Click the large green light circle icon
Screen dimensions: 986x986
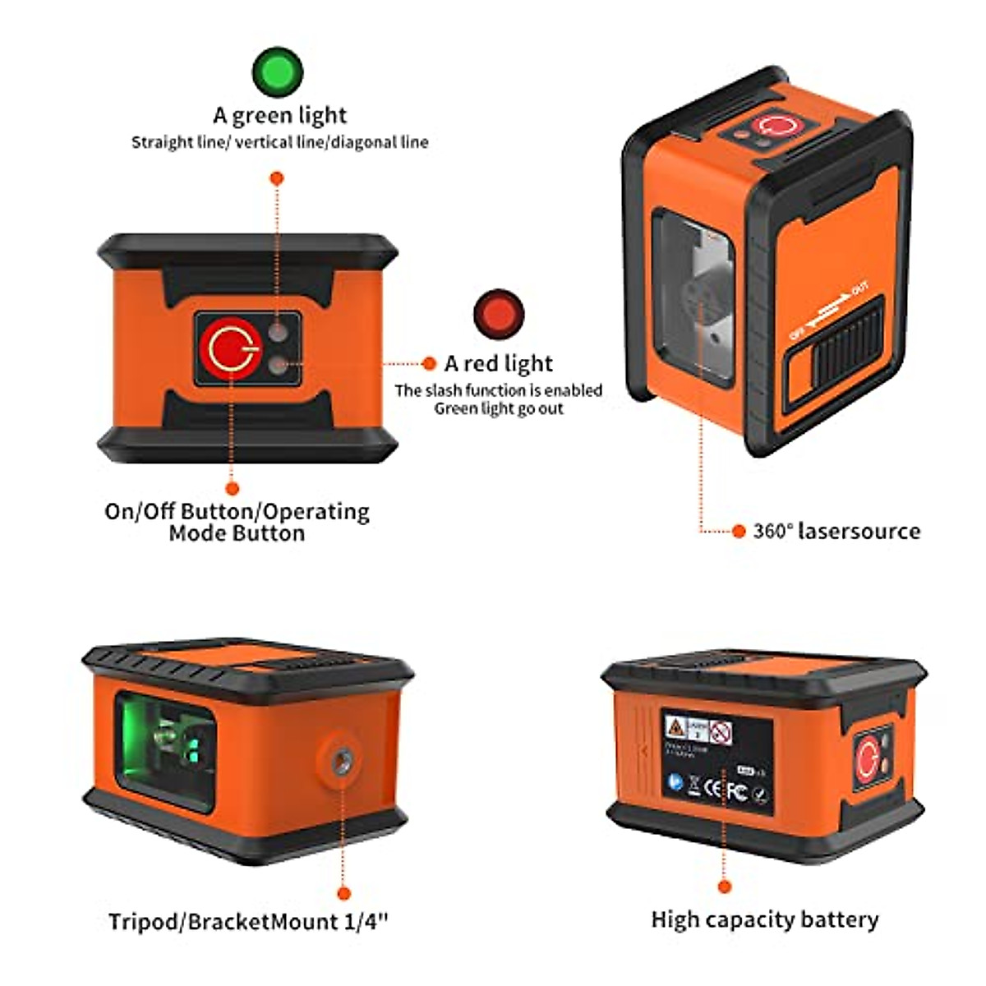tap(278, 71)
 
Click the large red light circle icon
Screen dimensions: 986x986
tap(499, 313)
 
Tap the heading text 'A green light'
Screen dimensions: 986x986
tap(279, 115)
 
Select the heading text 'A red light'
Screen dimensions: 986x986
tap(499, 363)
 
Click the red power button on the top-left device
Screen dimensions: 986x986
tap(226, 348)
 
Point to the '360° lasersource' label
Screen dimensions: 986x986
tap(836, 531)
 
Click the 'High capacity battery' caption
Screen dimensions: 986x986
tap(764, 919)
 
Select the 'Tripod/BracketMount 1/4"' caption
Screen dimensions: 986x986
tap(247, 921)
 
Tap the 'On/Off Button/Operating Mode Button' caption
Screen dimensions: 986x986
tap(237, 522)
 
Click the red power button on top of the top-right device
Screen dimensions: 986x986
tap(775, 126)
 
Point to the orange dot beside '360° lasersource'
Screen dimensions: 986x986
tap(738, 532)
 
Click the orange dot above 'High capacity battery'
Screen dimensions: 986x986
tap(724, 886)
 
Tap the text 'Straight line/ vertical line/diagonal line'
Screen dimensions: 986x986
tap(279, 142)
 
